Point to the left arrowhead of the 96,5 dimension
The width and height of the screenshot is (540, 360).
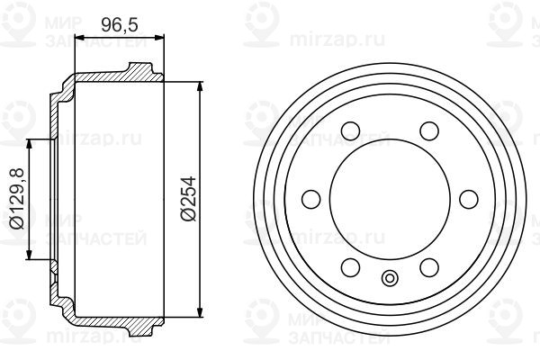78,38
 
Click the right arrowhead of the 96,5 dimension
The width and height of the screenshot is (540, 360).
161,38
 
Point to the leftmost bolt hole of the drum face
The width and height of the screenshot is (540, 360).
311,199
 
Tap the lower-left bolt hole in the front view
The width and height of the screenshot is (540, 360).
350,265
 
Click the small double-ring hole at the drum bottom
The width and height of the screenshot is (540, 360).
389,277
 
